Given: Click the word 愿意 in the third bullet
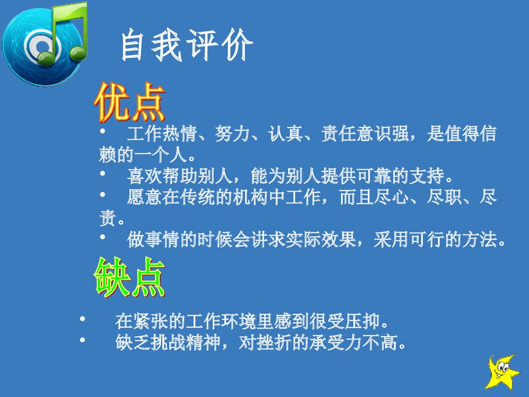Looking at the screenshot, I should (x=141, y=198).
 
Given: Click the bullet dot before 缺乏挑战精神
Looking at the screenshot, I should (x=82, y=341).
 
